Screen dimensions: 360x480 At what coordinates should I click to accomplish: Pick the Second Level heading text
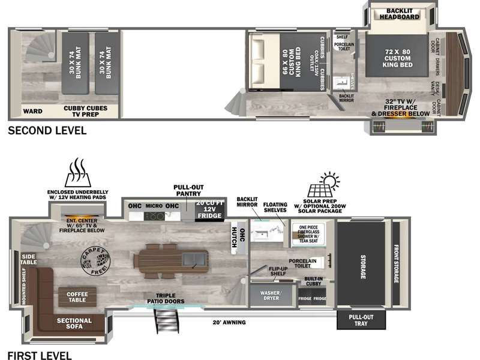pos(47,130)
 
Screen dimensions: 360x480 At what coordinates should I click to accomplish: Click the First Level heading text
pos(39,355)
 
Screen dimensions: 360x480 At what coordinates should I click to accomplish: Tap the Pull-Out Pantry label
pos(188,190)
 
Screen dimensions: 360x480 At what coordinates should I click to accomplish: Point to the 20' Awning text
pos(229,322)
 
